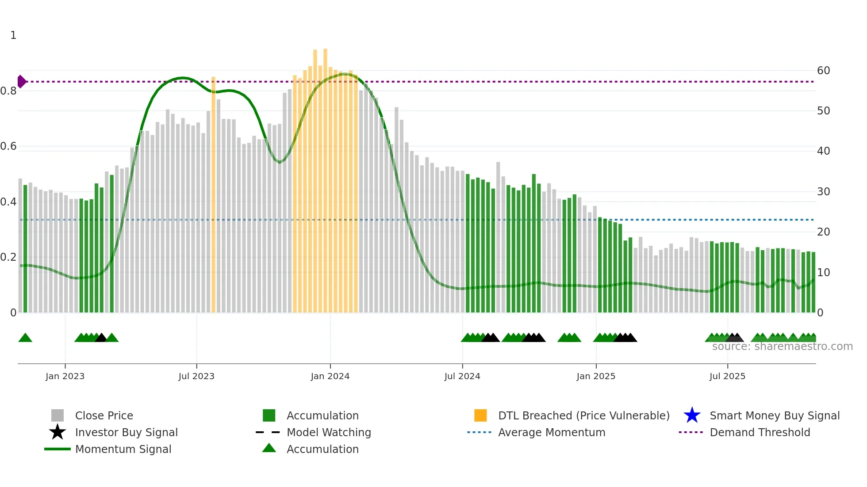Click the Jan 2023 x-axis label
tap(65, 376)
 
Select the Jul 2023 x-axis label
tap(196, 376)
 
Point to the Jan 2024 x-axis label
tap(330, 376)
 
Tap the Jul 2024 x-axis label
tap(462, 376)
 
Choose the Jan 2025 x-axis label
tap(596, 376)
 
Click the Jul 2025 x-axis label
tap(727, 376)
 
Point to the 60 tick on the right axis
tap(823, 71)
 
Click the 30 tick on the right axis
tap(823, 192)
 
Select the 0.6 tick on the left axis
tap(8, 146)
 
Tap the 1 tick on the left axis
tap(13, 35)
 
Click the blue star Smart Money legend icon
tap(692, 415)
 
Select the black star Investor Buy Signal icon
tap(58, 432)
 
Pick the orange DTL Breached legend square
tap(480, 415)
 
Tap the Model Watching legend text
tap(329, 432)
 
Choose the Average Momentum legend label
tap(552, 432)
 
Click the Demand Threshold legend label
tap(760, 432)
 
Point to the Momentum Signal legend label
tap(123, 449)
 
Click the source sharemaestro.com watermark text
tap(782, 346)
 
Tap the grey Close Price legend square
tap(58, 415)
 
